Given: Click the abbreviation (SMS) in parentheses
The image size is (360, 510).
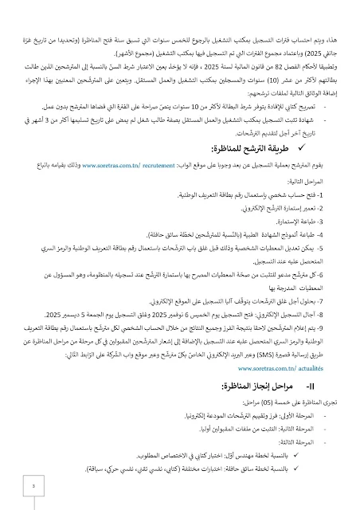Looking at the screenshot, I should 292,335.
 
